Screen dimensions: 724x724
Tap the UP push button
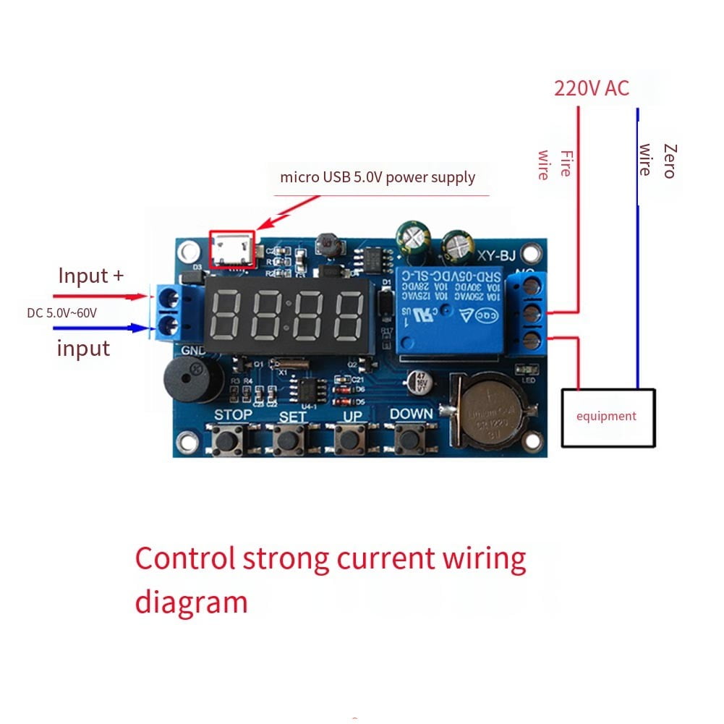(351, 438)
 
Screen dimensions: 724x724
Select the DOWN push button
(412, 438)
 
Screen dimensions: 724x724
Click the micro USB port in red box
(232, 250)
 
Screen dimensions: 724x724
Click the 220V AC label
(591, 88)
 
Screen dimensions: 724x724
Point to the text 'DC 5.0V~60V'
(61, 312)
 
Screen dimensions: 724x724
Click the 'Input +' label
(90, 276)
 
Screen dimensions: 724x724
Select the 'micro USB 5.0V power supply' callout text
(378, 177)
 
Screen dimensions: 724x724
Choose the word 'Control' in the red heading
(185, 559)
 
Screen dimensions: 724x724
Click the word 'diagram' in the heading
(191, 602)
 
